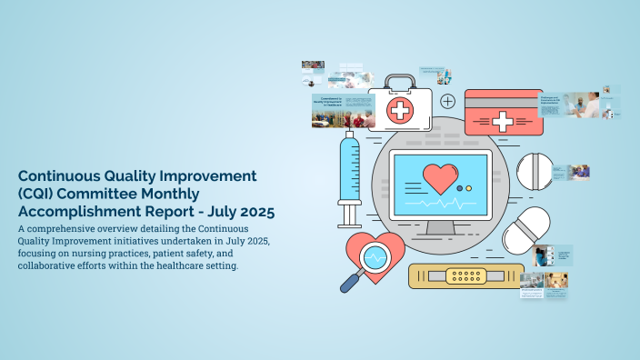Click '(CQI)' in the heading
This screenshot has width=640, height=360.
pos(40,193)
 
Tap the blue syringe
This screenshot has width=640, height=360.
pos(349,176)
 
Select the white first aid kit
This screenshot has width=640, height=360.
pos(399,106)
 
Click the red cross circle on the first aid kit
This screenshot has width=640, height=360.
pos(398,112)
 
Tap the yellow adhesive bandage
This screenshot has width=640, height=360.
pos(466,275)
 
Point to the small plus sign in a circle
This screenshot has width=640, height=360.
pos(447,101)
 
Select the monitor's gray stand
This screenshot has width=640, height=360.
pos(440,227)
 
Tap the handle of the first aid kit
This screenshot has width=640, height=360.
pos(399,82)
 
